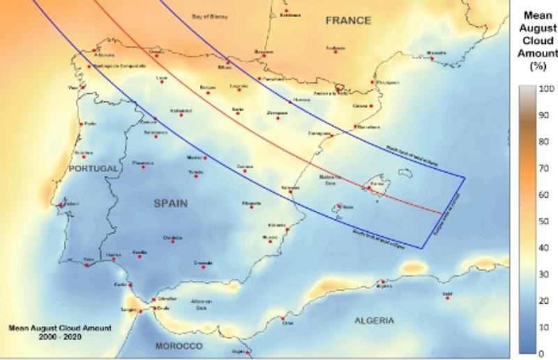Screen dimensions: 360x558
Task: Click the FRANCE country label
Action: tap(348, 20)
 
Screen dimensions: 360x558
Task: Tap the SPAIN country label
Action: tap(171, 203)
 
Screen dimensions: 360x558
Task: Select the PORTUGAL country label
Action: tap(94, 169)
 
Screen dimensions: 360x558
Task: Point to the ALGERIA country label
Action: tap(374, 321)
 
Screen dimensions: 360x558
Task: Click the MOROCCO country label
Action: tap(179, 346)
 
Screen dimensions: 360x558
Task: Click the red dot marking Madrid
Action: tap(203, 158)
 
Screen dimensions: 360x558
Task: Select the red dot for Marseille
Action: tap(432, 59)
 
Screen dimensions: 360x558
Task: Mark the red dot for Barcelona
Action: tap(356, 127)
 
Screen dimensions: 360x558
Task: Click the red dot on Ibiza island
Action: tap(338, 206)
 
